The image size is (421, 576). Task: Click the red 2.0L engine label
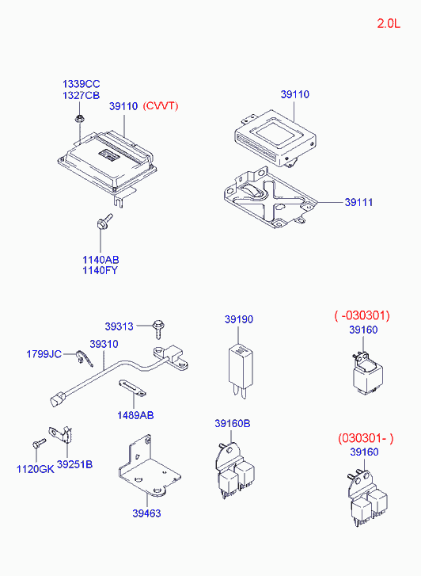coord(389,24)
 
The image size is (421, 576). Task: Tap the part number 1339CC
coord(82,84)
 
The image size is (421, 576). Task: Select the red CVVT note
coord(161,106)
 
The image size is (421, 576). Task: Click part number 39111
coord(358,202)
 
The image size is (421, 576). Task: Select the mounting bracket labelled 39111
coord(270,198)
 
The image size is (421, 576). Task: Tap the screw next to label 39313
coord(158,329)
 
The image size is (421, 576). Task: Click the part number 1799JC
coord(44,354)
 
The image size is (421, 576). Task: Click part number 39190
coord(239,319)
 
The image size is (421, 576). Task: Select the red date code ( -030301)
coord(362,315)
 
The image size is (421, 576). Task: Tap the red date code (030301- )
coord(366,438)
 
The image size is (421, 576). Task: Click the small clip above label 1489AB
coord(132,388)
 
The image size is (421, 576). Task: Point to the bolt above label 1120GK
coord(38,443)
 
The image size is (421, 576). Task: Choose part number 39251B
coord(75,465)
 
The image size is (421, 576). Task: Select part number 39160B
coord(233,424)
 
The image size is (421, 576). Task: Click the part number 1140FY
coord(100,270)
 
